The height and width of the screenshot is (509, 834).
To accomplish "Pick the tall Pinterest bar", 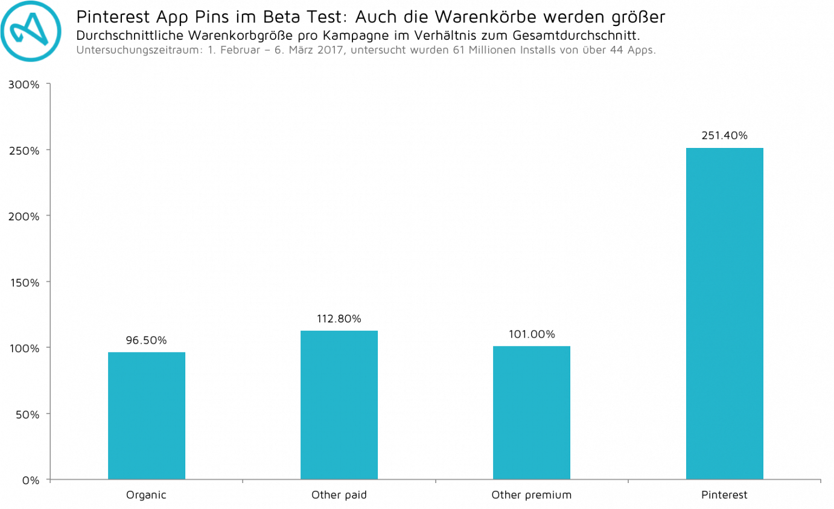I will (724, 313).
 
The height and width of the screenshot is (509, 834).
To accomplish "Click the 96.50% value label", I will (146, 341).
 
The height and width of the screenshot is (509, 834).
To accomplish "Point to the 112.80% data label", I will (339, 319).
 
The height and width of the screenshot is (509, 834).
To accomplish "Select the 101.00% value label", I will (531, 335).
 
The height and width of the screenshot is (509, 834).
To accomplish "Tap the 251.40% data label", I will (724, 136).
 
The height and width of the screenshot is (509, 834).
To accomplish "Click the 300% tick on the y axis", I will (24, 85).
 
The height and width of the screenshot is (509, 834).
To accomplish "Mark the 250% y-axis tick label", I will (24, 150).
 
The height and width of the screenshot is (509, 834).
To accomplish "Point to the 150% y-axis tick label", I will (24, 283).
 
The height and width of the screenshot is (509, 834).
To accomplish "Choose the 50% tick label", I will (27, 415).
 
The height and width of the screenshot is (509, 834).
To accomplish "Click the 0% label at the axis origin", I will (30, 481).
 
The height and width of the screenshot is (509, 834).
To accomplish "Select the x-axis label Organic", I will (146, 496).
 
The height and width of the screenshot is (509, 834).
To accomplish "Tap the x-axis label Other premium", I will (531, 496).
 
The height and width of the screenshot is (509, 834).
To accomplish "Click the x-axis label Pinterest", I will (724, 496).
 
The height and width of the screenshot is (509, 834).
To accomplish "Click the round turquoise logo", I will (31, 31).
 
